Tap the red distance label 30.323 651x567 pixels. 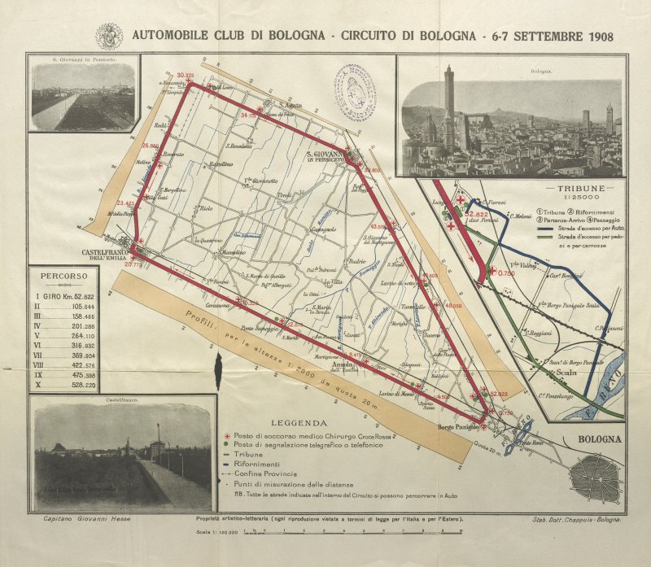pos(185,76)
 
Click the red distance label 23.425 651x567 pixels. pos(126,203)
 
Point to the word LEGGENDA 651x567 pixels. pos(299,423)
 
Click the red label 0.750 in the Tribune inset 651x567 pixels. pos(506,273)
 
